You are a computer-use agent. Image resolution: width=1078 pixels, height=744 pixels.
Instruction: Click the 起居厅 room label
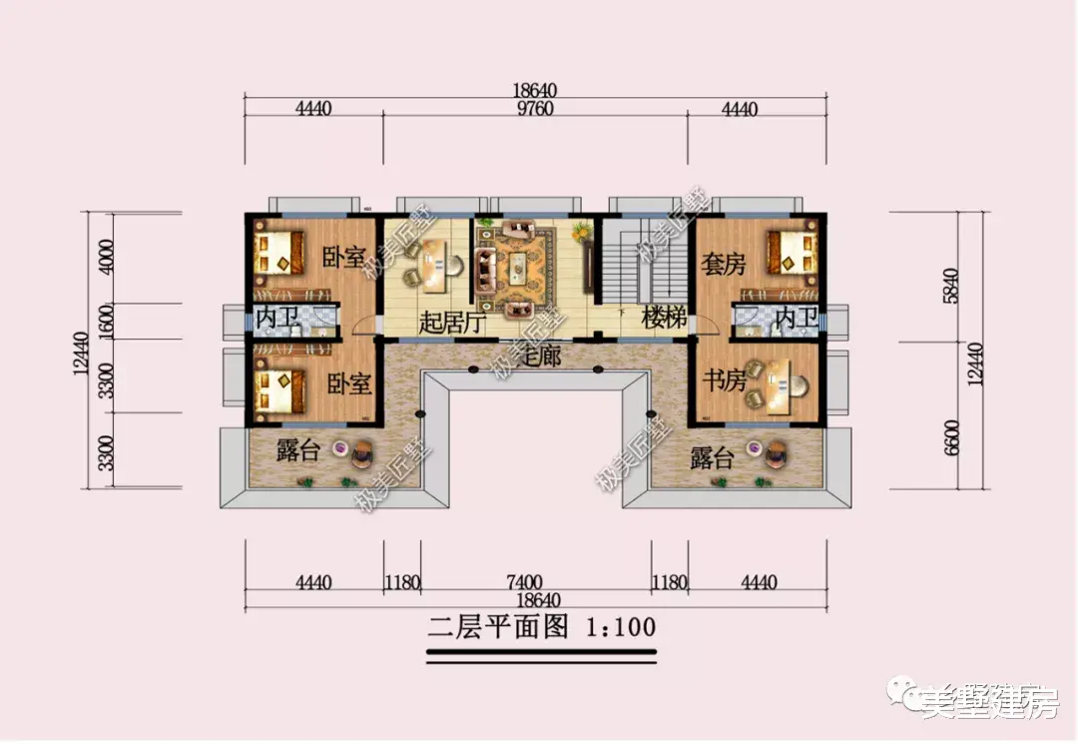coord(451,323)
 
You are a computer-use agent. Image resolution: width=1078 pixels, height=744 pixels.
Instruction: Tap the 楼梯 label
coord(665,320)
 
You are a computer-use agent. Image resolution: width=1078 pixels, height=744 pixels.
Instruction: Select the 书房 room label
coord(724,380)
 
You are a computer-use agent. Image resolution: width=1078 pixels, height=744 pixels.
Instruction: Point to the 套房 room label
coord(723,265)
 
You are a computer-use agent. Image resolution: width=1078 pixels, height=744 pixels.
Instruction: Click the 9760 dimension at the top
coord(537,109)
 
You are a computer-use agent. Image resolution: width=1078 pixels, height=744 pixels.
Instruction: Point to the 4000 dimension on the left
coord(107,260)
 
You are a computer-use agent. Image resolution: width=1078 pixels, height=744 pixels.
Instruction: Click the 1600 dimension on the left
coord(107,322)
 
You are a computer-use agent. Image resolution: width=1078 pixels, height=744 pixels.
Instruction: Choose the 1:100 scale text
coord(621,627)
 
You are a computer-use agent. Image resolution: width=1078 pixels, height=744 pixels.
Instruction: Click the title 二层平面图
coord(498,627)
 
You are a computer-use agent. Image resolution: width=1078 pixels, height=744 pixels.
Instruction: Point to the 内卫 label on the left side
coord(276,320)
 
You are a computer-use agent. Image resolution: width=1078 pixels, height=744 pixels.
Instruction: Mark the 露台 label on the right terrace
coord(712,458)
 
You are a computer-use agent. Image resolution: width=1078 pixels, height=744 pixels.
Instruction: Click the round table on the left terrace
coord(342,449)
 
